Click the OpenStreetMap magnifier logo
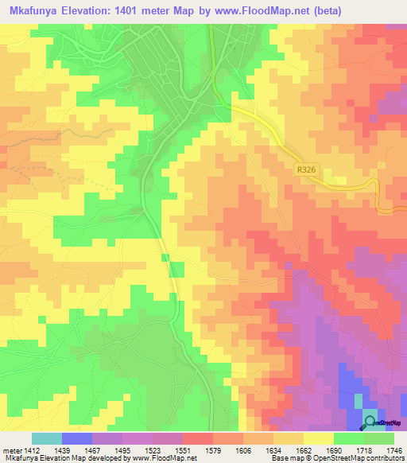(370, 422)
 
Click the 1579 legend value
(212, 449)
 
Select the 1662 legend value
(303, 449)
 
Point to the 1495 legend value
(122, 449)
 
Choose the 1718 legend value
(363, 449)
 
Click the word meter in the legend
(10, 449)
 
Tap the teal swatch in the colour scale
(47, 438)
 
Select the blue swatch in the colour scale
(77, 438)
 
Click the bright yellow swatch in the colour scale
(318, 438)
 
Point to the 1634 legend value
(273, 449)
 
